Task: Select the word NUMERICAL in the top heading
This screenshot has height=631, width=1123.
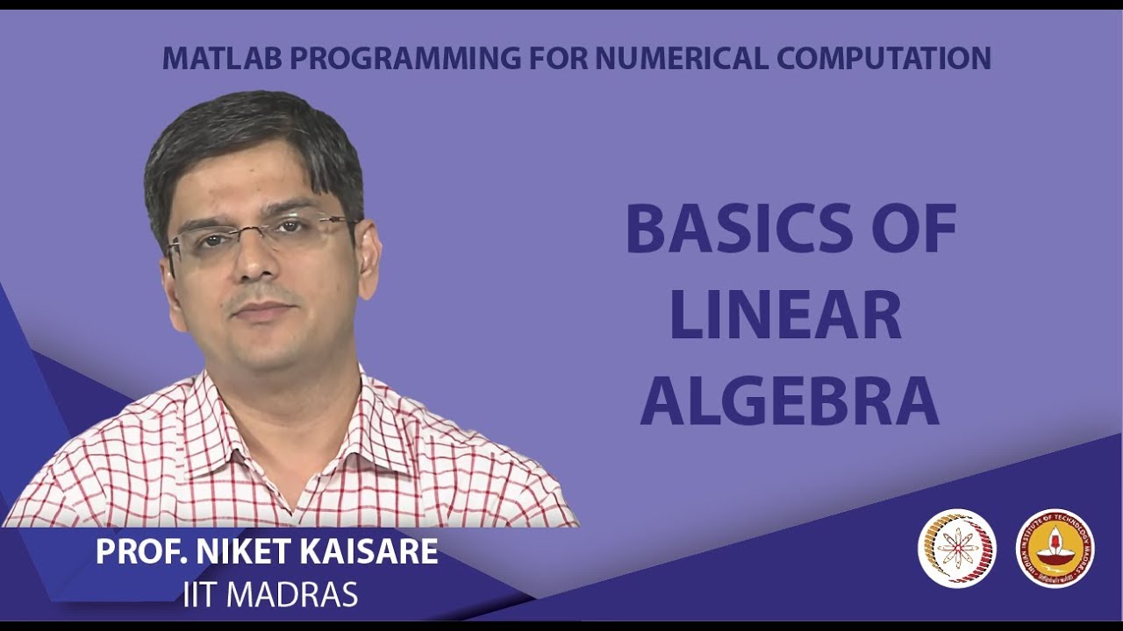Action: pyautogui.click(x=680, y=58)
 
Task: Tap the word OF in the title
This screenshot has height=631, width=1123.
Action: pyautogui.click(x=913, y=230)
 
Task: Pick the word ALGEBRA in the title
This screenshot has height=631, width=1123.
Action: pyautogui.click(x=790, y=401)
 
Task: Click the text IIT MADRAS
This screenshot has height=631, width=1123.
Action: pyautogui.click(x=270, y=595)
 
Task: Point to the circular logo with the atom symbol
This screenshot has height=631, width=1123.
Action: pyautogui.click(x=957, y=549)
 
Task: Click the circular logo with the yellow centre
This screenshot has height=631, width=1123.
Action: pyautogui.click(x=1055, y=549)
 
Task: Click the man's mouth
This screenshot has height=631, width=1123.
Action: pyautogui.click(x=261, y=309)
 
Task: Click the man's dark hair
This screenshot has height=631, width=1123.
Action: pyautogui.click(x=254, y=131)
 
